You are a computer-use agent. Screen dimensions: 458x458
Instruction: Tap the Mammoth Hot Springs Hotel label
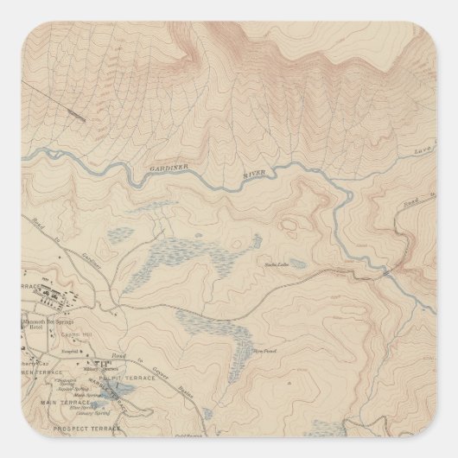tap(43, 321)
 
